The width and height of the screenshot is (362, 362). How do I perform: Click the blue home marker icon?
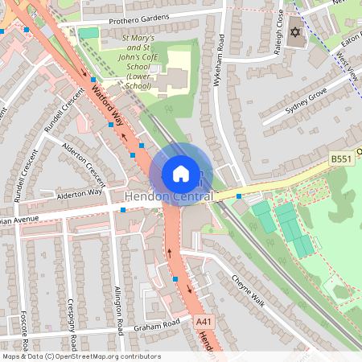[181, 173]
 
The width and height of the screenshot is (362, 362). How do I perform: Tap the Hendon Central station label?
[169, 197]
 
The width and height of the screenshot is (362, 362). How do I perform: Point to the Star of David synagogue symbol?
[295, 31]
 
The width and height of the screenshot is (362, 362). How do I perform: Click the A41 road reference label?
[204, 321]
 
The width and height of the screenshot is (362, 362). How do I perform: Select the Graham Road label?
[156, 326]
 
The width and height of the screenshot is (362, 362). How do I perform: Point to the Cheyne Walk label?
[248, 290]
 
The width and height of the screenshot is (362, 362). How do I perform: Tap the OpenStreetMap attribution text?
[80, 356]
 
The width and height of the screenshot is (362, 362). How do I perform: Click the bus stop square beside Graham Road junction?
[176, 279]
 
